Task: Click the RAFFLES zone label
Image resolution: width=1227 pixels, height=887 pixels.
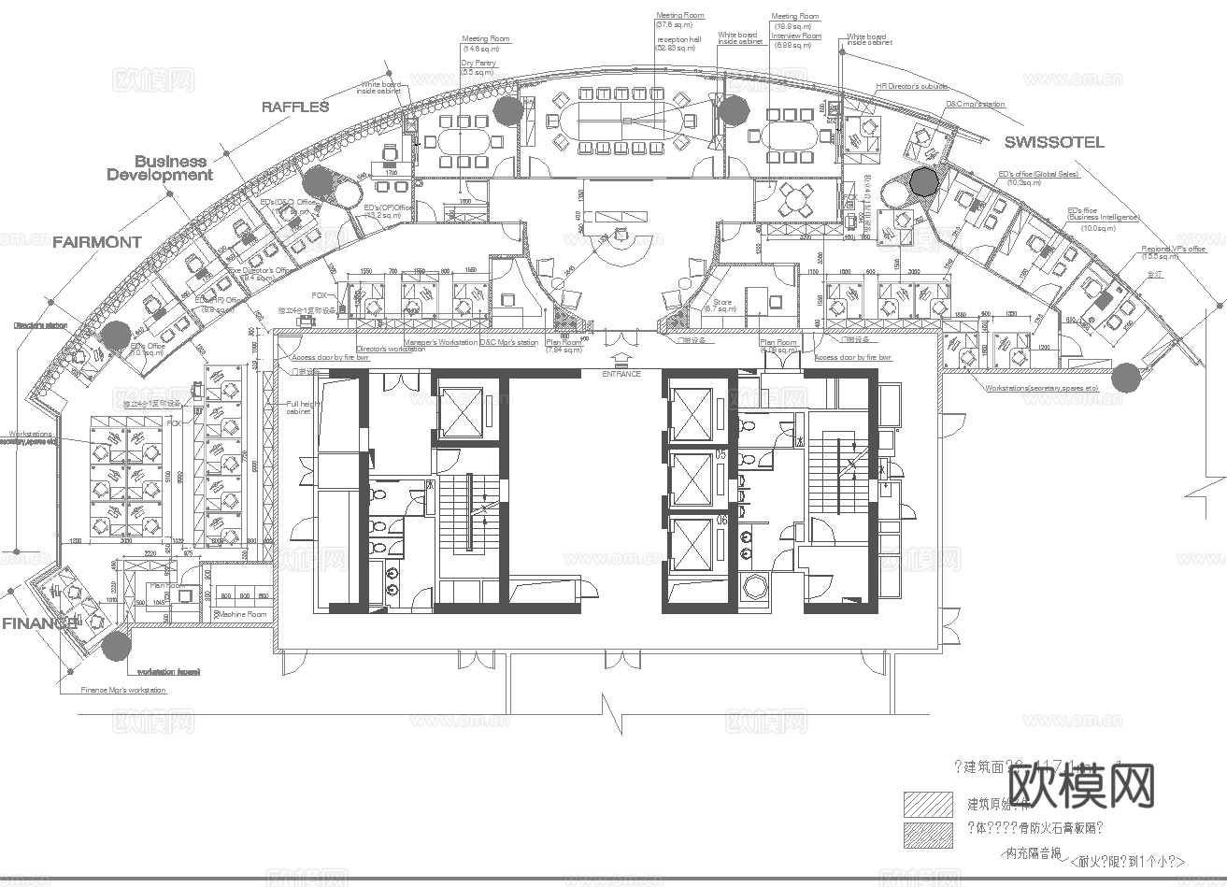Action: click(x=295, y=107)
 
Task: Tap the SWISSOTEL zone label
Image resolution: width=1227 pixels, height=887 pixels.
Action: click(x=1054, y=142)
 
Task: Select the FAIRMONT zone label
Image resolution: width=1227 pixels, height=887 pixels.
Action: click(x=97, y=242)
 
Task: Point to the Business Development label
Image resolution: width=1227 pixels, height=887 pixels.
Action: click(x=160, y=168)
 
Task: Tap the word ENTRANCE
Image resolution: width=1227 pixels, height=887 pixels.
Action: click(x=621, y=374)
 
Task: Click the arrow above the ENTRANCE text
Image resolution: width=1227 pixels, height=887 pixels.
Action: click(x=621, y=358)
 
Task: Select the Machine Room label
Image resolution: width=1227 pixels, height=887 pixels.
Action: click(x=242, y=614)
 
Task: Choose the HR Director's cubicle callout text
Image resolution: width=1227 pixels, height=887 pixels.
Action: click(x=911, y=86)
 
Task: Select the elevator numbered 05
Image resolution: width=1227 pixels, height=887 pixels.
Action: click(x=692, y=479)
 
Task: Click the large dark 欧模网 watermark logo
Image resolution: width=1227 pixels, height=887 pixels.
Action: click(x=1082, y=785)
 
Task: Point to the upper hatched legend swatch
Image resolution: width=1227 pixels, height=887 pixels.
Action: click(x=928, y=804)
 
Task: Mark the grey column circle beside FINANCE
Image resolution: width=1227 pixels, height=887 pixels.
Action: click(x=116, y=645)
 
